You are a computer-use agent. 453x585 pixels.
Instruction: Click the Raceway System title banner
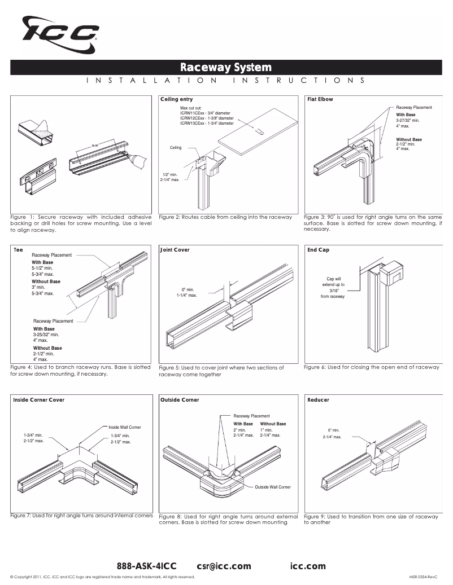(x=226, y=68)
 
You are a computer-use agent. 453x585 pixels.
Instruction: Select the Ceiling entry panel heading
(x=176, y=99)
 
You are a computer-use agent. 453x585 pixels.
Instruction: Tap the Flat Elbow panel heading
(x=320, y=99)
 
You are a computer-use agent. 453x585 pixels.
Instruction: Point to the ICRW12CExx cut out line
(x=206, y=118)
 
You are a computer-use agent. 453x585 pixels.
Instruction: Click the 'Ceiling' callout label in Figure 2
(x=176, y=147)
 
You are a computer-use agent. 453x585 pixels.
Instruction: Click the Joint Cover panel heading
(x=175, y=249)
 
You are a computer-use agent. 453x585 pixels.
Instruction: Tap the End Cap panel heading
(x=318, y=249)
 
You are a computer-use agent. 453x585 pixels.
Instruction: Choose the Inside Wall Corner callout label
(x=125, y=427)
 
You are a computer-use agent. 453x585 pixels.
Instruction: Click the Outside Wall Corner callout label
(x=273, y=486)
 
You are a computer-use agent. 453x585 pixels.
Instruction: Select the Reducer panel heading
(x=318, y=400)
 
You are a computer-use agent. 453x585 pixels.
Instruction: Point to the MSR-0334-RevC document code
(x=424, y=577)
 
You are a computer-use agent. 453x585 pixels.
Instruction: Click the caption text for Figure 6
(x=371, y=367)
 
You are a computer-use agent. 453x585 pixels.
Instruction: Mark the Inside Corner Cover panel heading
(x=38, y=400)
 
